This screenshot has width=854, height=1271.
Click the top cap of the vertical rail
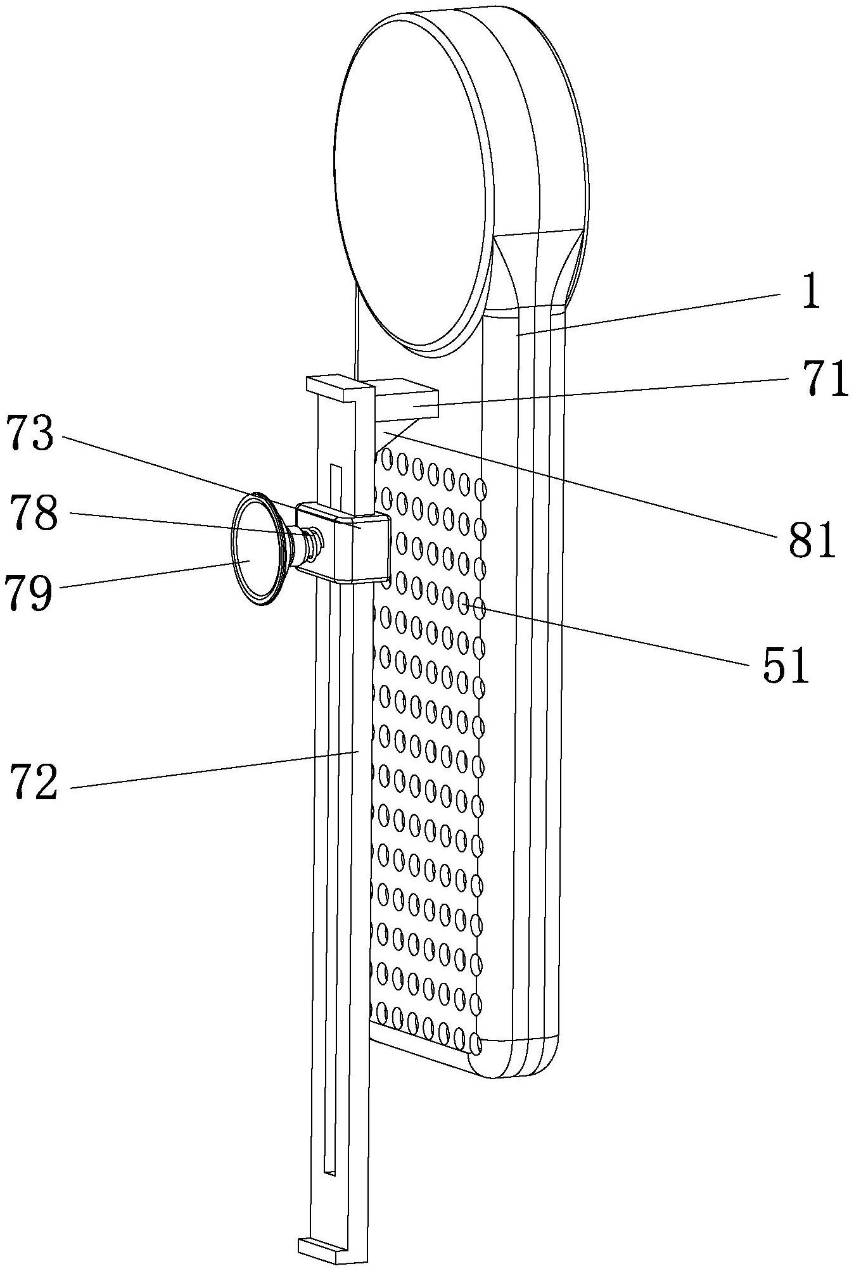click(x=333, y=387)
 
